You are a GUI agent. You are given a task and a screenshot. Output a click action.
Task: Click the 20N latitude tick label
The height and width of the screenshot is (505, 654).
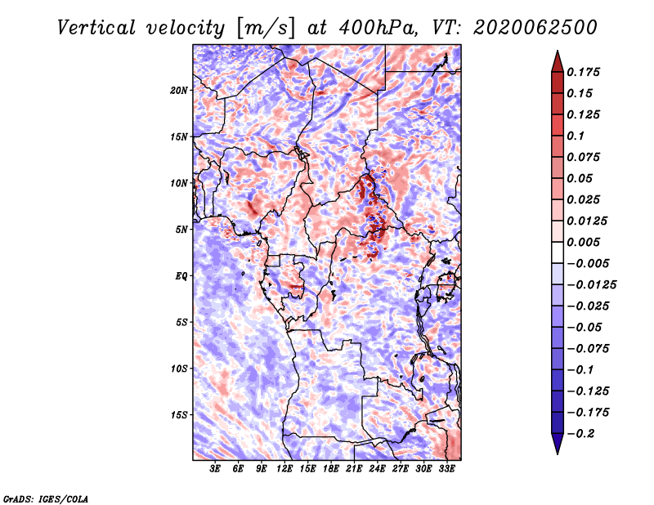coord(179,90)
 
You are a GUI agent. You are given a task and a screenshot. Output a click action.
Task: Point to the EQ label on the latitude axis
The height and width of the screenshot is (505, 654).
coord(181,275)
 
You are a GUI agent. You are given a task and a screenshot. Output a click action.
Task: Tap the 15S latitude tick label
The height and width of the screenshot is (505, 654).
coord(179,415)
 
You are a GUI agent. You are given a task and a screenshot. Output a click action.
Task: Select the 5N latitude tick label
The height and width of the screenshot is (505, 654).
coord(181,230)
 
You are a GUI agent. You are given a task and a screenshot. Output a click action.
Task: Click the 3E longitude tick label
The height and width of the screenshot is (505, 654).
coord(215,468)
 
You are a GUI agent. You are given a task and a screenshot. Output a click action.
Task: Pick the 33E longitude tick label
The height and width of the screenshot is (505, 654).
coord(446,468)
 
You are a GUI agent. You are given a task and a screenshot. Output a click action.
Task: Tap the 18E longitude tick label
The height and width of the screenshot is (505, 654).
coord(331,468)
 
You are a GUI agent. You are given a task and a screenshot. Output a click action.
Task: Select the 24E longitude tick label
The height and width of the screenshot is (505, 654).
coord(377,468)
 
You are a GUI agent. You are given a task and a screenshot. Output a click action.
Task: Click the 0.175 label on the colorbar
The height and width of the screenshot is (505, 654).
coord(583,72)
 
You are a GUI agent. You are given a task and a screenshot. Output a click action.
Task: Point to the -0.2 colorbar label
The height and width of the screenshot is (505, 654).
coord(580,433)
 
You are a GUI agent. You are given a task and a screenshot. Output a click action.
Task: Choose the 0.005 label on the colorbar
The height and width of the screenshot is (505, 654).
coord(583,242)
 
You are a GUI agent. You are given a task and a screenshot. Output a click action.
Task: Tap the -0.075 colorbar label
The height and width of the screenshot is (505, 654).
coord(588,348)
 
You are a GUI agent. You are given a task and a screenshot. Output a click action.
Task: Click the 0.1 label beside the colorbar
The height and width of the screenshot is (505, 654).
coord(576,136)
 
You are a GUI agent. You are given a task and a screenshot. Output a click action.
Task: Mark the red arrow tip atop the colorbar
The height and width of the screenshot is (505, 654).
coord(558,51)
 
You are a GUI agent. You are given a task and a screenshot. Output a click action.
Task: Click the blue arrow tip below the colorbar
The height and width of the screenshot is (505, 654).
coord(558,454)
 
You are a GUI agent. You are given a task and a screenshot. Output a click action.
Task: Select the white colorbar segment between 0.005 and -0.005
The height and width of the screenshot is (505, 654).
coord(558,252)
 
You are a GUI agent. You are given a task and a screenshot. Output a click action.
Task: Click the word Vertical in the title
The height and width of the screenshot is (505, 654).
coord(96,28)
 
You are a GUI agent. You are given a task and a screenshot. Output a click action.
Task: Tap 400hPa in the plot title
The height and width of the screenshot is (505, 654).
coord(378,28)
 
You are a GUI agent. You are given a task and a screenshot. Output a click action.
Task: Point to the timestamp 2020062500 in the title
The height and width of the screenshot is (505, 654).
coord(535,28)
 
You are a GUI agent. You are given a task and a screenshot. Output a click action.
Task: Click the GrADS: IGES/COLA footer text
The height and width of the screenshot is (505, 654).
coord(46,499)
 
